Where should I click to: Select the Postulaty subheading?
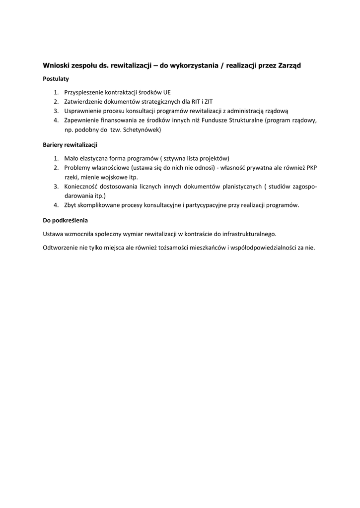tap(56, 79)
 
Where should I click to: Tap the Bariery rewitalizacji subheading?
tap(70, 145)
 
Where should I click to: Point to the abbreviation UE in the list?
tap(167, 92)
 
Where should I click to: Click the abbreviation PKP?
tap(311, 168)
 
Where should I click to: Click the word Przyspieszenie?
tap(84, 92)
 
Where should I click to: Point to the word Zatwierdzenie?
tap(84, 102)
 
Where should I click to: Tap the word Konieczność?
tap(81, 187)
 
